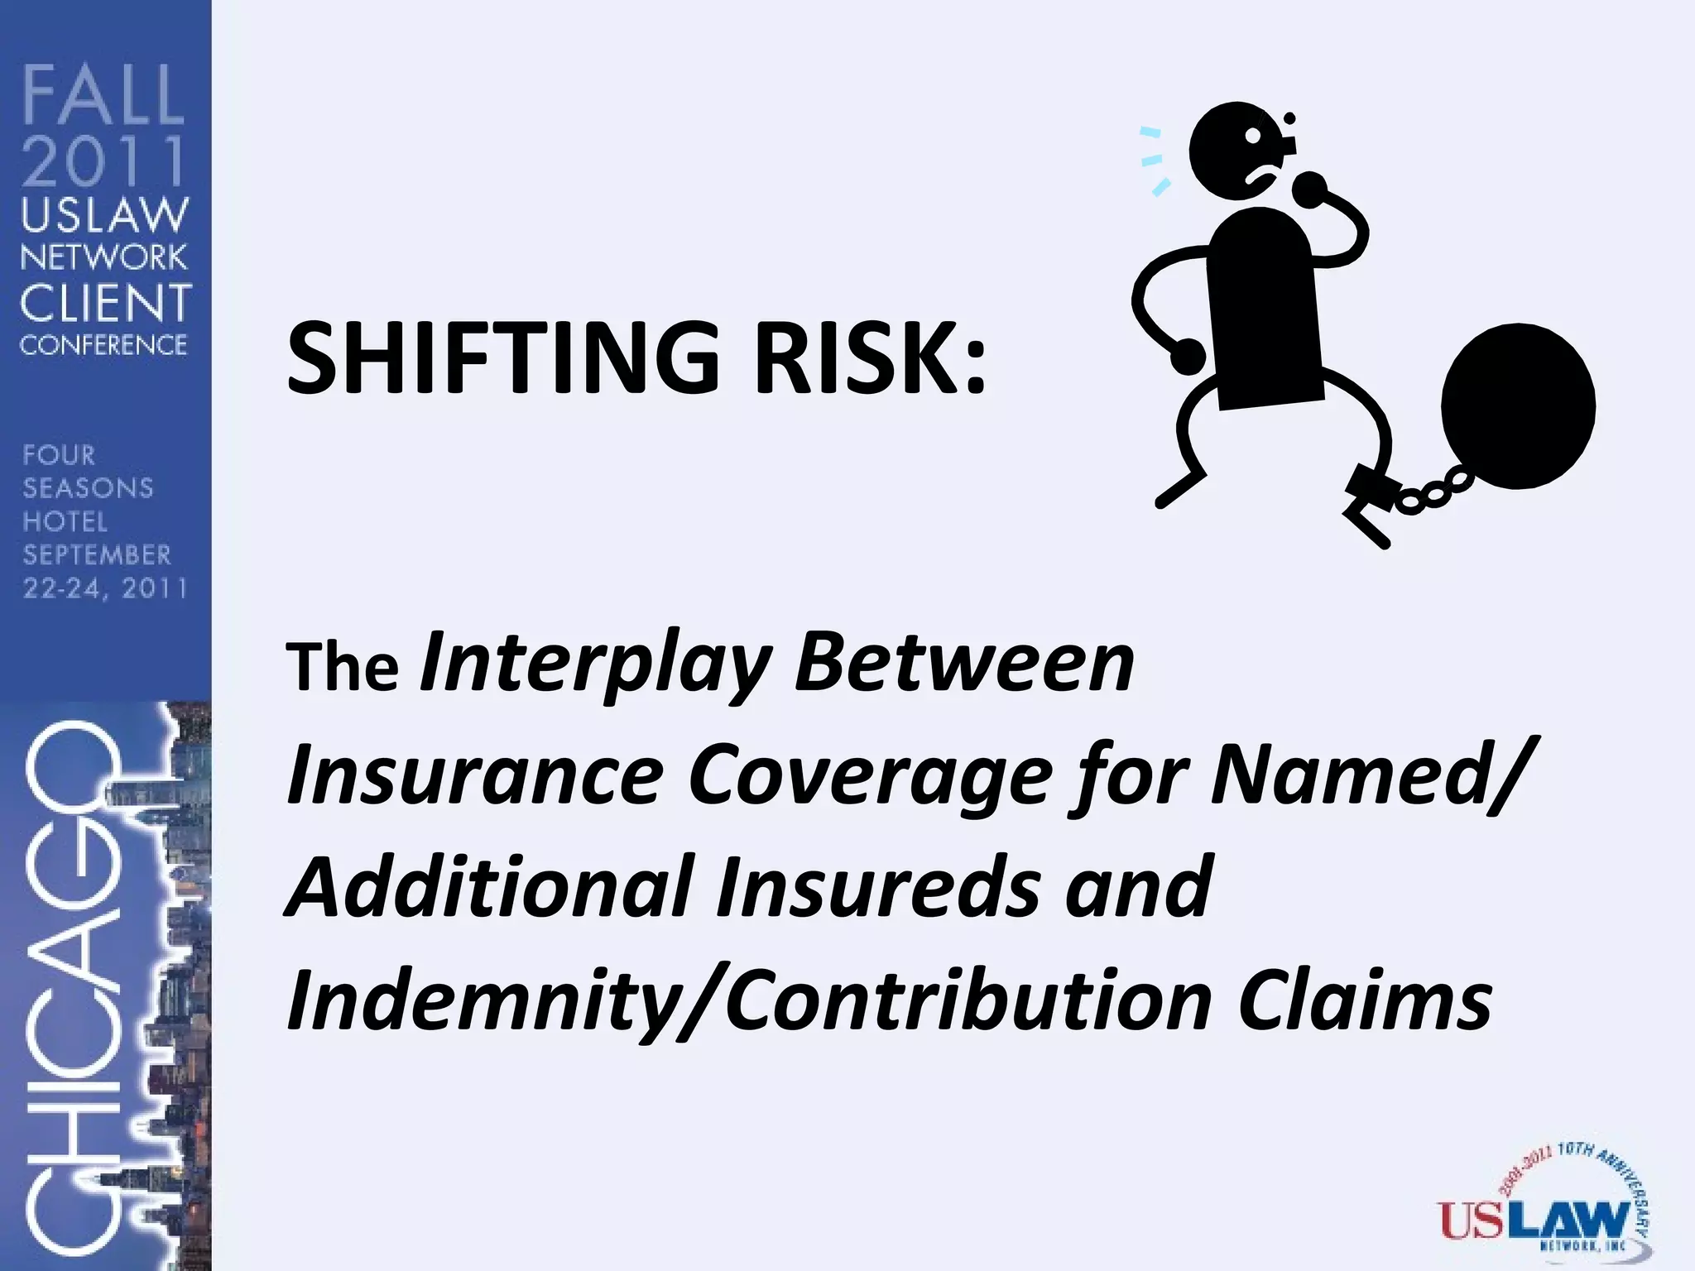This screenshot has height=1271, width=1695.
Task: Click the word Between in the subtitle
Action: point(964,662)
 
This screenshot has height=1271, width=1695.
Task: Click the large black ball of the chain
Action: point(1518,405)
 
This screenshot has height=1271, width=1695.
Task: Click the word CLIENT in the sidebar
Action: point(105,303)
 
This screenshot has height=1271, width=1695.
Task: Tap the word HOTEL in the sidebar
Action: point(65,521)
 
